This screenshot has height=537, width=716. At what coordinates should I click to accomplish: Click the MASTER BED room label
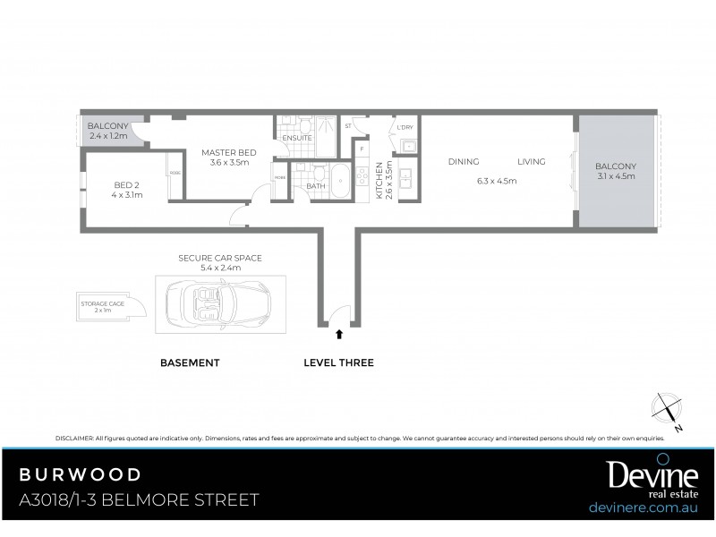point(228,152)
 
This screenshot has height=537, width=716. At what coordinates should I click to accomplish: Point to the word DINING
point(464,161)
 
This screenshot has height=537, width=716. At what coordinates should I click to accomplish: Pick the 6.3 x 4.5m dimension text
point(497,181)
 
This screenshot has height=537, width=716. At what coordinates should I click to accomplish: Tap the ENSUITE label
point(296,138)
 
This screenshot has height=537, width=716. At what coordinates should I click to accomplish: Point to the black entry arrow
point(338,334)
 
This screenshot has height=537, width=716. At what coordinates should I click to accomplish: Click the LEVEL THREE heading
point(338,362)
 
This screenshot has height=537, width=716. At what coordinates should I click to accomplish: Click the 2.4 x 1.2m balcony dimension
point(108,137)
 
